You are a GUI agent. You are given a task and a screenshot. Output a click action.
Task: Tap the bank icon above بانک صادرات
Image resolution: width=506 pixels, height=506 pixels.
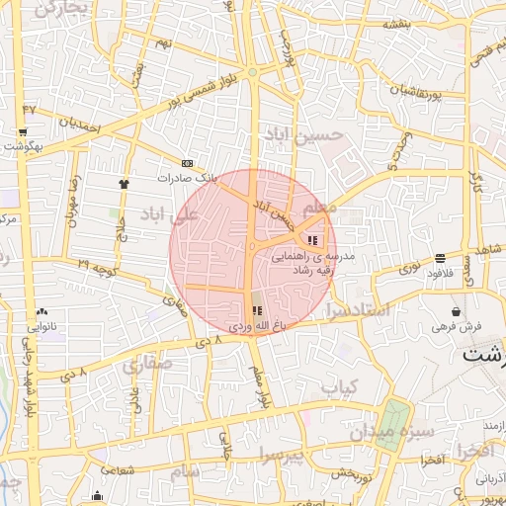[x=188, y=164]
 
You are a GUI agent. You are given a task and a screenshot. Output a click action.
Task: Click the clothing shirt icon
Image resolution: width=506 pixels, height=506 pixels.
[x=124, y=183]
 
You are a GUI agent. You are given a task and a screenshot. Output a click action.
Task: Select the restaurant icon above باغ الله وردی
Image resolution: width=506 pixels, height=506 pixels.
[x=257, y=310]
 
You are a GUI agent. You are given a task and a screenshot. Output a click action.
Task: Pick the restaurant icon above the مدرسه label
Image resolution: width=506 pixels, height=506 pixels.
[x=313, y=240]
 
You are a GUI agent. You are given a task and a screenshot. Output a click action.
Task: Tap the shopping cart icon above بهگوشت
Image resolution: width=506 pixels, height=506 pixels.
[x=23, y=132]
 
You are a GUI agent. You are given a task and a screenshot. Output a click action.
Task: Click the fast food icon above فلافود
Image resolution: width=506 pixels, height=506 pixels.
[x=439, y=258]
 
